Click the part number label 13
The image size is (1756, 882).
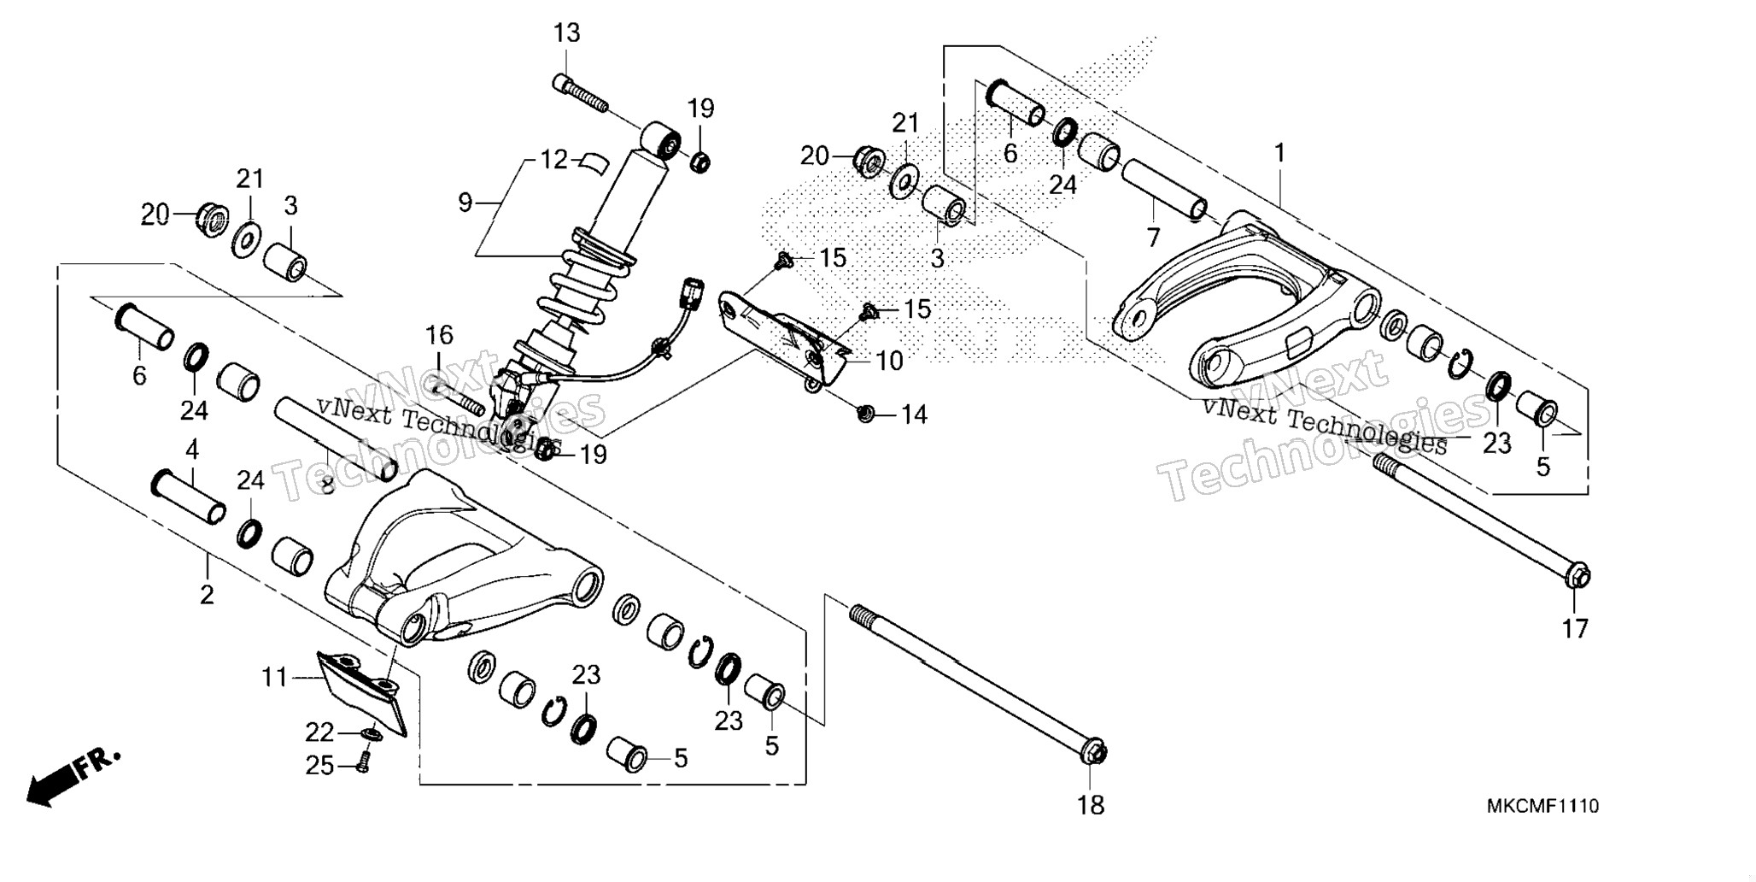[566, 33]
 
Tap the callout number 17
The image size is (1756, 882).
[1575, 629]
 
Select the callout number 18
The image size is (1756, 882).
[1091, 805]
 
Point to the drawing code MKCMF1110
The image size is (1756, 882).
[1542, 806]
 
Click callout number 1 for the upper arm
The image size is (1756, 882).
[1279, 154]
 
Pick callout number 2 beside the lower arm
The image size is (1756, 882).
[207, 595]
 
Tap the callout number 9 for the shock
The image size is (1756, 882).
[465, 203]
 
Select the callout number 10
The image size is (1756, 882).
[890, 362]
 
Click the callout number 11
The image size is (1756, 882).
[275, 679]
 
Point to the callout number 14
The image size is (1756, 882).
[914, 415]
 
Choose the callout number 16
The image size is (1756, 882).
[439, 335]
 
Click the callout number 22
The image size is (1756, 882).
[320, 733]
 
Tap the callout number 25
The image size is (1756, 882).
[320, 767]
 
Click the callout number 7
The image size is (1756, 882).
[1154, 237]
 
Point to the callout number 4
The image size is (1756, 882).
[192, 450]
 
